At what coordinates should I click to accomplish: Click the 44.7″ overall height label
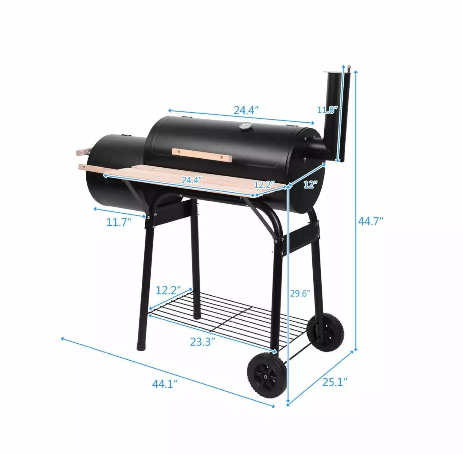[x=371, y=221]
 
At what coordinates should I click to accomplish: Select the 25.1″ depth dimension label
[x=335, y=382]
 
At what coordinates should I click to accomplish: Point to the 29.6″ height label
[x=300, y=293]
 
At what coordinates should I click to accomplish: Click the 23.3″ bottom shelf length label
[x=203, y=342]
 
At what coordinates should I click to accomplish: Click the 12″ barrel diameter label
[x=310, y=184]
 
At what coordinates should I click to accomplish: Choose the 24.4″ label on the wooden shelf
[x=192, y=180]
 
